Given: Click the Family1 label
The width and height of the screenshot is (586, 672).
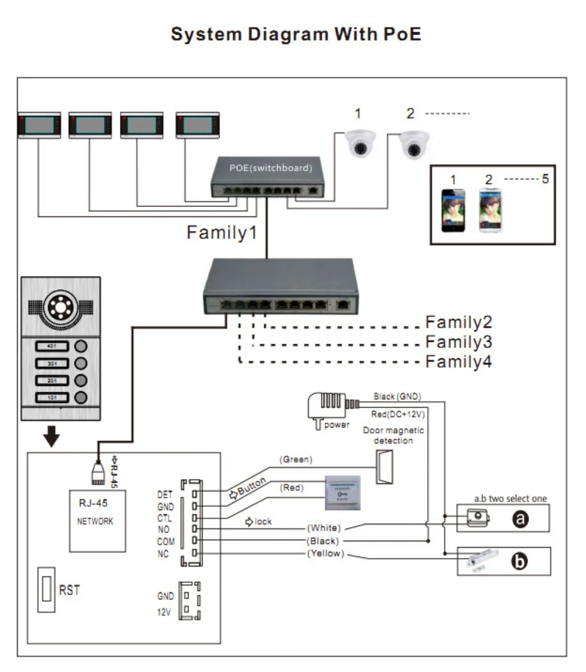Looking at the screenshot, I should point(222,233).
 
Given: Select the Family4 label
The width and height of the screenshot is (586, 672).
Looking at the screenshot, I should point(458,362).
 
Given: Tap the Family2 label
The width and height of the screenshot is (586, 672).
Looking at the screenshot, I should point(458,323).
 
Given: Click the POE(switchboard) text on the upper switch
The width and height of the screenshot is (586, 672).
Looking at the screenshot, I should point(270,168).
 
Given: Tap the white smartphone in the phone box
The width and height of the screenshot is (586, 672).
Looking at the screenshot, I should point(490,211).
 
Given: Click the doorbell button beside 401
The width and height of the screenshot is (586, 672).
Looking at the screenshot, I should point(80,347).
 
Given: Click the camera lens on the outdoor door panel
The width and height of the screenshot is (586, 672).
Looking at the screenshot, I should point(60,306).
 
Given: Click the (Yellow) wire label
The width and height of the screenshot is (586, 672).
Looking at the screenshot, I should point(325,554).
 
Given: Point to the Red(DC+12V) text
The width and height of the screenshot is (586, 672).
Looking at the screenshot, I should point(398,413).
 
